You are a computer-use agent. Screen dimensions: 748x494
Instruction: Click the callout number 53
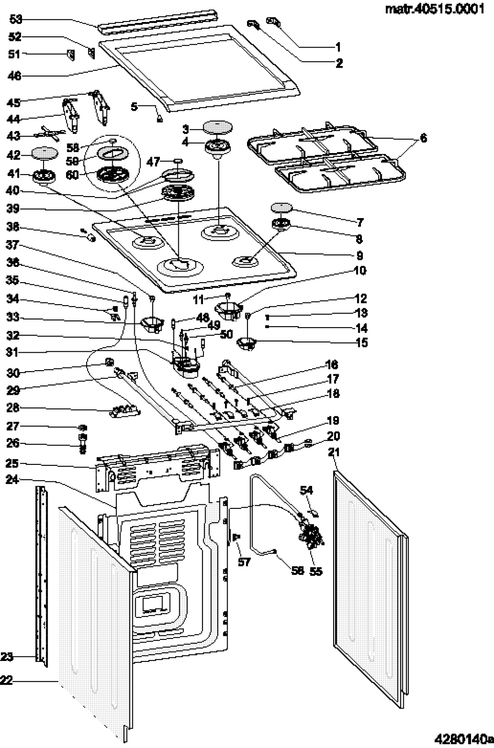[16, 19]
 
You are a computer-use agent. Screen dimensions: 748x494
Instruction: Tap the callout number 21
[334, 452]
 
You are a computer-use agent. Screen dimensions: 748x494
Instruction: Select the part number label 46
[15, 76]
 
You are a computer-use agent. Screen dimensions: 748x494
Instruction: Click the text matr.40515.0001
[435, 9]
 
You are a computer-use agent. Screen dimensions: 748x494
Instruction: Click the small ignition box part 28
[125, 410]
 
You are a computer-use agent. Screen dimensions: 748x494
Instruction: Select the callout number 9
[359, 256]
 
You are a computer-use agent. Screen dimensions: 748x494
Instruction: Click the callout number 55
[316, 571]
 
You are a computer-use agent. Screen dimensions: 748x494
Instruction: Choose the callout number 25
[13, 463]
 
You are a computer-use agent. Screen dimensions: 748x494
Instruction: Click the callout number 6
[423, 138]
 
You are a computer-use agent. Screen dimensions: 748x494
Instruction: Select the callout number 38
[13, 227]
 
